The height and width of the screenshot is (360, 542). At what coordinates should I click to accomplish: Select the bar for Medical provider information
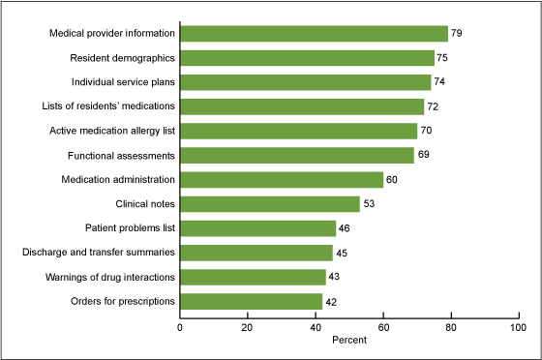pyautogui.click(x=314, y=34)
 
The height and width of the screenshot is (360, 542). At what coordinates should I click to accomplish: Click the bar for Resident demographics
pyautogui.click(x=307, y=58)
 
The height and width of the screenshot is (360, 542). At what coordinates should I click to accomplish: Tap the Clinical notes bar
pyautogui.click(x=270, y=203)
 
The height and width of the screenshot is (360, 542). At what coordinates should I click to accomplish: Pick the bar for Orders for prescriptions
pyautogui.click(x=251, y=301)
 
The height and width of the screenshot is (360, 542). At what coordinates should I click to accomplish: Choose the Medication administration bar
pyautogui.click(x=282, y=179)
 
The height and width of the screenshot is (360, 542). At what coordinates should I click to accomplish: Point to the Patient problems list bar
pyautogui.click(x=257, y=228)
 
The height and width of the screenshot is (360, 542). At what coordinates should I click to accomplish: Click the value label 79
pyautogui.click(x=457, y=35)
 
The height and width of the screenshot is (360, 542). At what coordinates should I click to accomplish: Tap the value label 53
pyautogui.click(x=369, y=204)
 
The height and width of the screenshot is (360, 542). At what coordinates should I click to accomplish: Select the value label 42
pyautogui.click(x=331, y=302)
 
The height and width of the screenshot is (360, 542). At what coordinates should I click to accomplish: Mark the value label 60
pyautogui.click(x=392, y=180)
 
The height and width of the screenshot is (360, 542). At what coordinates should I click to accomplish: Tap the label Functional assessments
pyautogui.click(x=121, y=155)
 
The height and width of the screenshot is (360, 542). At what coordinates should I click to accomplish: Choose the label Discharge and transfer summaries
pyautogui.click(x=99, y=253)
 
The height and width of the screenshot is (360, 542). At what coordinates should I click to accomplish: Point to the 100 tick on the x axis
pyautogui.click(x=517, y=327)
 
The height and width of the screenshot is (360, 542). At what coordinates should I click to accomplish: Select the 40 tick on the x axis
pyautogui.click(x=315, y=327)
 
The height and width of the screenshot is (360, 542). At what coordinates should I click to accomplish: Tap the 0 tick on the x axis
pyautogui.click(x=180, y=327)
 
